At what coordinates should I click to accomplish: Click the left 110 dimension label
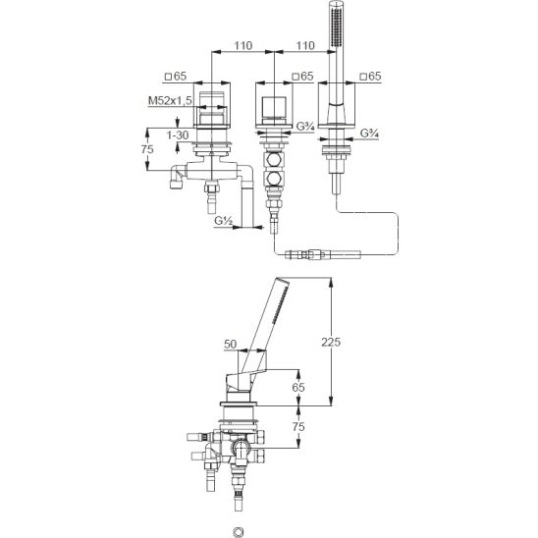(242, 45)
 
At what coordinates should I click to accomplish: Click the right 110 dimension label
(305, 45)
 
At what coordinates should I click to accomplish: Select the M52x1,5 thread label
(170, 100)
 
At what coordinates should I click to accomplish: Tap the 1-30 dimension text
(178, 135)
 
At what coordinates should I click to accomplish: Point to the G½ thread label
(224, 220)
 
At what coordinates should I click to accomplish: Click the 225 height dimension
(331, 342)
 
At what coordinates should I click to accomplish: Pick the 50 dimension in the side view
(231, 344)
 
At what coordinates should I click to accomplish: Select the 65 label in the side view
(298, 387)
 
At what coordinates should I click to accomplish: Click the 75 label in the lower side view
(298, 426)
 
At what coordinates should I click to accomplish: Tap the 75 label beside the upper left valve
(147, 149)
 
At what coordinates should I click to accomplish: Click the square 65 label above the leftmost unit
(176, 77)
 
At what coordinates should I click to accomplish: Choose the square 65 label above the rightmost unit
(370, 77)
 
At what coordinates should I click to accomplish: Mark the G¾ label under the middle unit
(305, 127)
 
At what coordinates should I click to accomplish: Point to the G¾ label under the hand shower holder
(369, 134)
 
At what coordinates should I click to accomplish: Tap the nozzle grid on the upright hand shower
(336, 27)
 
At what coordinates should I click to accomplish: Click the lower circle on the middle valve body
(274, 178)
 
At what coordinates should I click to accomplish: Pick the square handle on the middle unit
(274, 107)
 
